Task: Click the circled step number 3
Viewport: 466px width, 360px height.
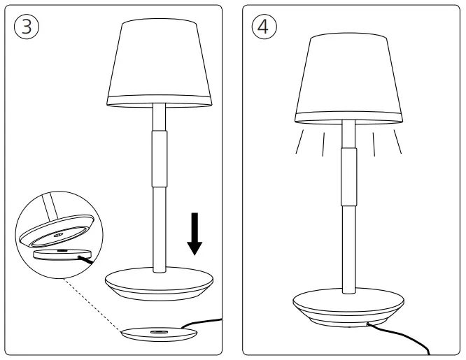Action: [27, 27]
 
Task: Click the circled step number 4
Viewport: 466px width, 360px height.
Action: [263, 27]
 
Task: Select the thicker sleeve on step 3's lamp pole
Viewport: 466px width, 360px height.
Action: [160, 157]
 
